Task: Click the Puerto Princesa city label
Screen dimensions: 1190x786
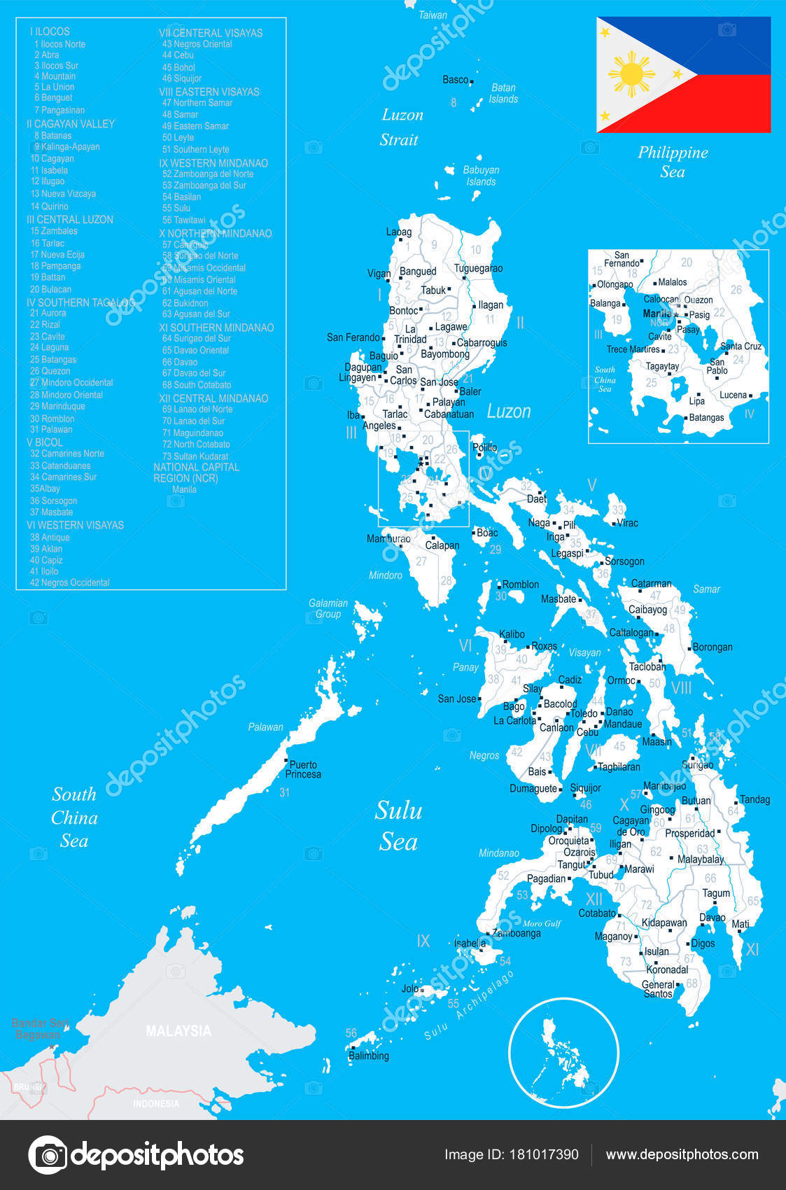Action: point(303,769)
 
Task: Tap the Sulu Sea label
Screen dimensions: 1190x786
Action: point(398,825)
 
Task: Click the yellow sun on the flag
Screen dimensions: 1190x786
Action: point(631,73)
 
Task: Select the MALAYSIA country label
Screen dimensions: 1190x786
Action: point(178,1030)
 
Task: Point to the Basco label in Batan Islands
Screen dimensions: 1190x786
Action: point(455,80)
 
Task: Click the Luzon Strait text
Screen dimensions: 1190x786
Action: point(401,127)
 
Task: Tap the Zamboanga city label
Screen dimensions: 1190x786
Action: point(517,933)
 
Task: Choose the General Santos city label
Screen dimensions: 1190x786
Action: point(658,989)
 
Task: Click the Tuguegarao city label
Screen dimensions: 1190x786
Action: point(478,268)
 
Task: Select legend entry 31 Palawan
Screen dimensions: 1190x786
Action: point(51,429)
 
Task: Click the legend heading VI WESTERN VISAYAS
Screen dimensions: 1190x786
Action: point(75,525)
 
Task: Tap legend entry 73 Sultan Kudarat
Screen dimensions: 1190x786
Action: point(195,456)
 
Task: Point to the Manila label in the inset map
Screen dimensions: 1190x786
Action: point(657,314)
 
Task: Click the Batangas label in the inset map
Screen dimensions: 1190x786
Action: point(706,417)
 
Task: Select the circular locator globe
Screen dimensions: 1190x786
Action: point(563,1053)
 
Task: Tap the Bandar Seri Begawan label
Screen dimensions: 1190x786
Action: point(40,1028)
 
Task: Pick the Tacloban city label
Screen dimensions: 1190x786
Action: point(647,666)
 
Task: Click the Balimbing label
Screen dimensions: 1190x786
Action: point(369,1056)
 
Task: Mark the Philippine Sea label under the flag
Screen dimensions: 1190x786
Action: point(673,162)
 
